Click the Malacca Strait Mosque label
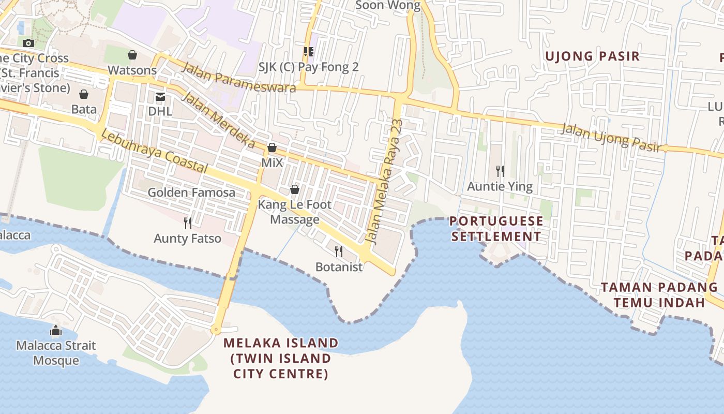coord(56,353)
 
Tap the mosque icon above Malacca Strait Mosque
coord(56,331)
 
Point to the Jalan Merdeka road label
coord(219,120)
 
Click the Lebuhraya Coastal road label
coord(154,151)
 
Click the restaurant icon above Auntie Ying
coord(500,171)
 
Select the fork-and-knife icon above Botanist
coord(339,252)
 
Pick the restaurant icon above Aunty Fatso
coord(188,223)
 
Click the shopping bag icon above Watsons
coord(132,55)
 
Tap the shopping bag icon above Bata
coord(84,94)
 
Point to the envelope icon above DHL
coord(160,96)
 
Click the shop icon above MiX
coord(272,148)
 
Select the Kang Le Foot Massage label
coord(295,212)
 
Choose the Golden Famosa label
coord(191,193)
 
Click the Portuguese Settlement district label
coord(496,229)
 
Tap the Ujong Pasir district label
coord(593,56)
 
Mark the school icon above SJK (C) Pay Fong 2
coord(308,52)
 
